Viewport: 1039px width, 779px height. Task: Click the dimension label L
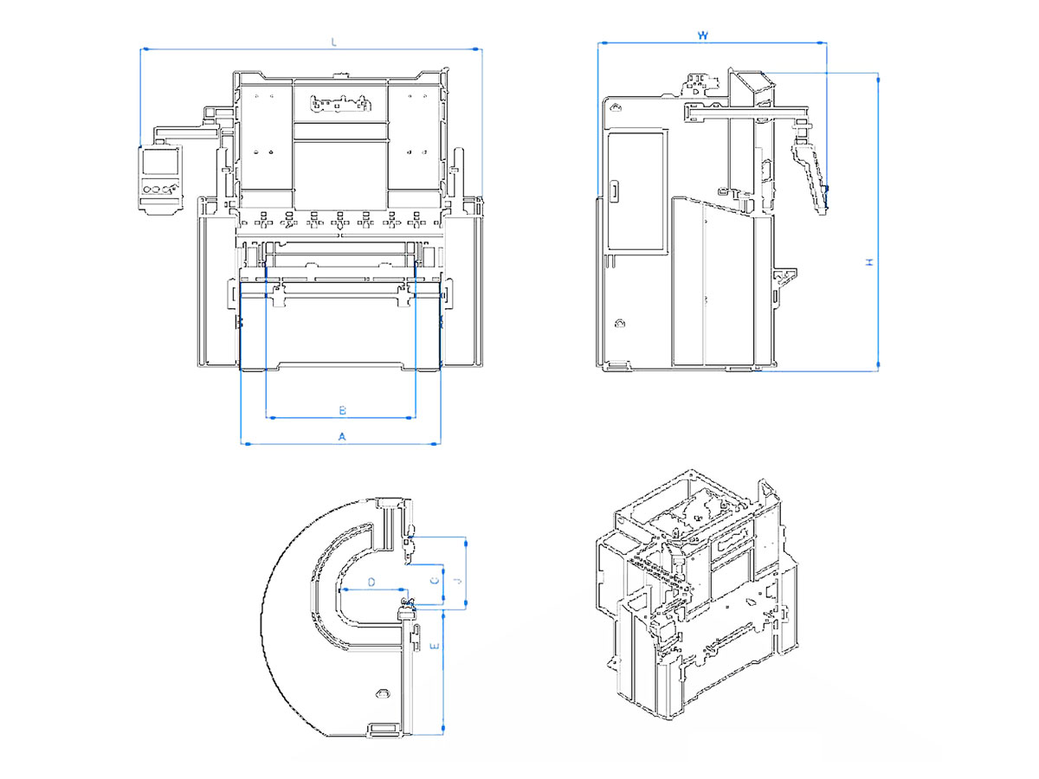point(333,42)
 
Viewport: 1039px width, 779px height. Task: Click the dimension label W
point(703,35)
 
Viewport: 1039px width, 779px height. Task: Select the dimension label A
point(341,436)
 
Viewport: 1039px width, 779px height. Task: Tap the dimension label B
point(341,409)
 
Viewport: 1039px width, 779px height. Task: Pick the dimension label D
point(371,583)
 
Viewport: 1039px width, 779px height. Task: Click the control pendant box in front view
point(162,177)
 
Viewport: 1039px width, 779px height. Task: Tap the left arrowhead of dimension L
point(144,49)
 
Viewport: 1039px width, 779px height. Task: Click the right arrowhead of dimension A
point(438,444)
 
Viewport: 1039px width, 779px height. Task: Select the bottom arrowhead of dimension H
point(878,367)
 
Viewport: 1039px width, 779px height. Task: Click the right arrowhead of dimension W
point(824,42)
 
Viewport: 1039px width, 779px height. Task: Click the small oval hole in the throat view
point(382,693)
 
